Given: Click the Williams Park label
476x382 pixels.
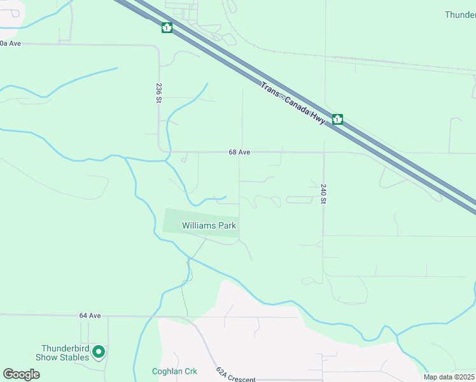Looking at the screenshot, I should (209, 225).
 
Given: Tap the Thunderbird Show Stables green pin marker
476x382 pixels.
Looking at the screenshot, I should (99, 351).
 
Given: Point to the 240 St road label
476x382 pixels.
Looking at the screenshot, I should (323, 194).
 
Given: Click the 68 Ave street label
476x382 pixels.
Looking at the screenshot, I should (240, 152).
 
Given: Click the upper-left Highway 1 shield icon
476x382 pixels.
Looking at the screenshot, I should (167, 28).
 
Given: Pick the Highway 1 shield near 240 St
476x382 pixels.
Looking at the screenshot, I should (337, 119).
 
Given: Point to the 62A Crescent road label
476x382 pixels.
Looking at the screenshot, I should (235, 376).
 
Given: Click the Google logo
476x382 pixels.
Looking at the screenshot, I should (21, 374).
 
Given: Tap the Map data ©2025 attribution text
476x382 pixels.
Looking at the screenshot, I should (448, 377).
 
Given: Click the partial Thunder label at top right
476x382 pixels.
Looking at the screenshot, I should (459, 15).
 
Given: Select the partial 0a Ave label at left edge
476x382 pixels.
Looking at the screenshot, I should (11, 43).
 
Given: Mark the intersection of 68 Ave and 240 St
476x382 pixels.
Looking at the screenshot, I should (323, 152).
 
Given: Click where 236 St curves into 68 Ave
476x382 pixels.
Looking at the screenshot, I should (163, 149).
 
